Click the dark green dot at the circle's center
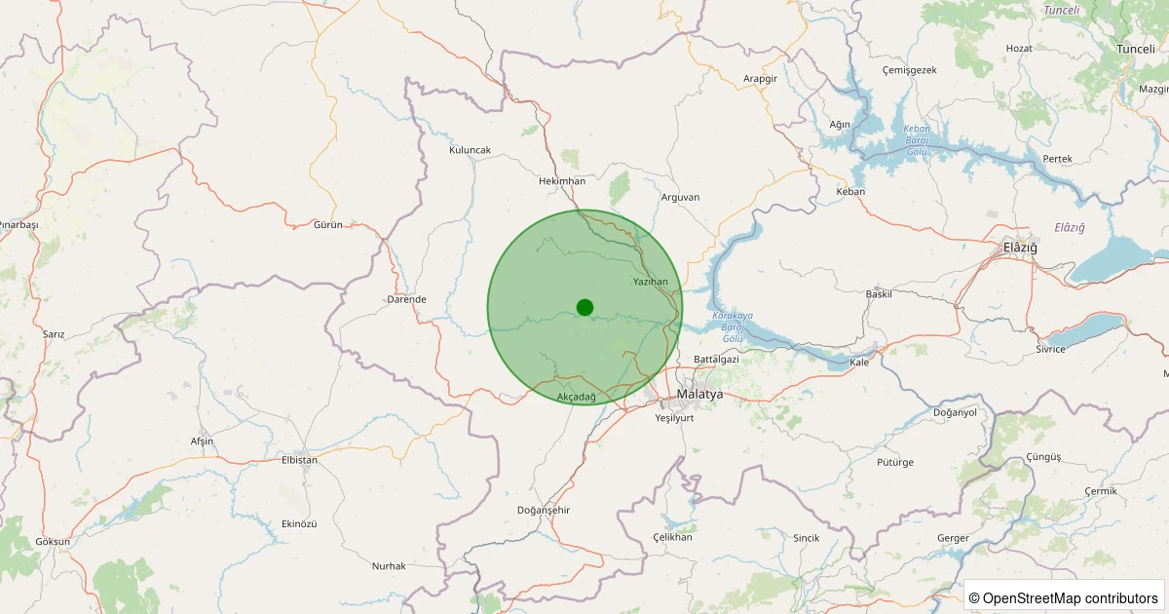point(584,307)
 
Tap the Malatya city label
point(699,395)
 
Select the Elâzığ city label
point(1020,248)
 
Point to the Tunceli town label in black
point(1135,49)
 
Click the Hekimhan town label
point(562,181)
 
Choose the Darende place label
point(406,299)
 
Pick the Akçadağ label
point(576,397)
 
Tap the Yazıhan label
point(651,282)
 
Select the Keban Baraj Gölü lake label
point(917,140)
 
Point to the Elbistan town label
point(299,459)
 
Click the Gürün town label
point(328,225)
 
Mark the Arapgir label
point(760,79)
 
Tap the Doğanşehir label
point(544,511)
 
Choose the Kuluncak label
point(470,150)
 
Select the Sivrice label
point(1050,348)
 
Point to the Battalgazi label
point(716,360)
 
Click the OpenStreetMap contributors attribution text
point(1063,597)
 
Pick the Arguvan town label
point(680,197)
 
